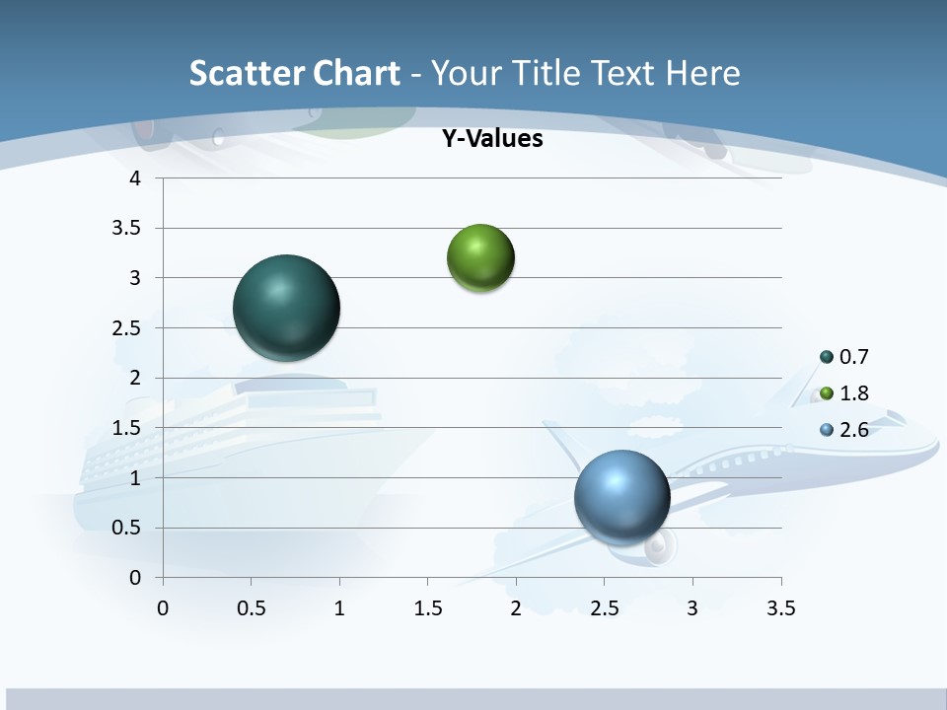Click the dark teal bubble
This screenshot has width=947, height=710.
(286, 308)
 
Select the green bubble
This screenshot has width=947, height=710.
(480, 258)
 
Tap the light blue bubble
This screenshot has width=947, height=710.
(621, 496)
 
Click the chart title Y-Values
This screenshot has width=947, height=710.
(491, 139)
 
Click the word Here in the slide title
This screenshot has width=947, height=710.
(701, 73)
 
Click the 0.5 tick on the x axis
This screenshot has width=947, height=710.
(252, 608)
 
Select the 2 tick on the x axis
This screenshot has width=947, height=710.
(516, 608)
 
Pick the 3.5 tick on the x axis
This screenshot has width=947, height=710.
(780, 608)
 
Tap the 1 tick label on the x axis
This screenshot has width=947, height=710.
(339, 608)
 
